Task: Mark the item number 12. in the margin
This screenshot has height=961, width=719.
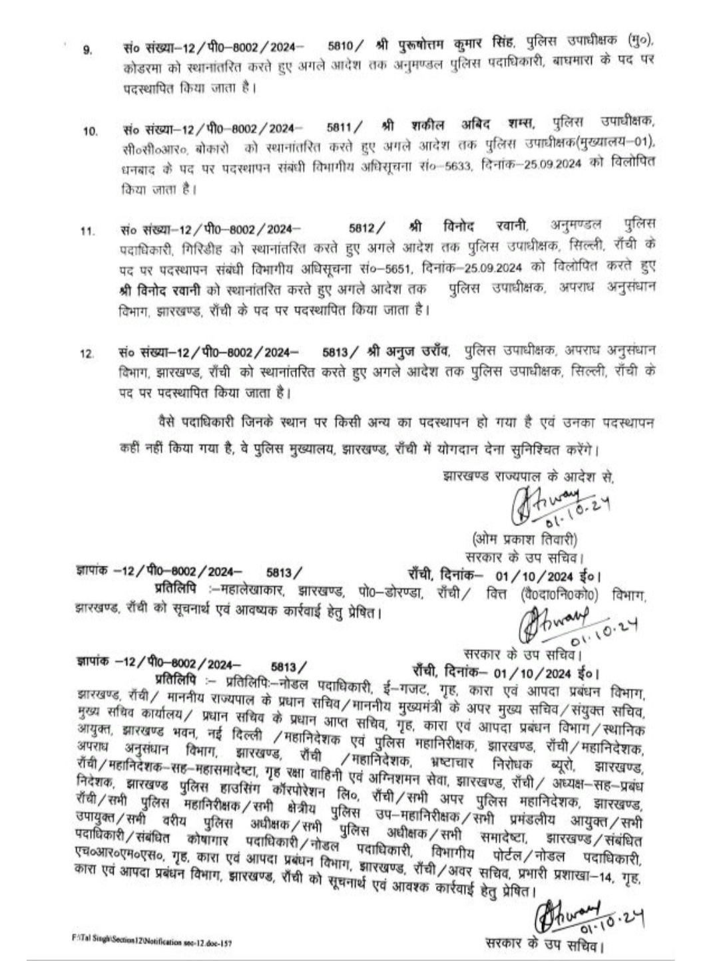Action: click(x=87, y=354)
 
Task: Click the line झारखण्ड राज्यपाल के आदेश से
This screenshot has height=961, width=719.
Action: click(x=527, y=476)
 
